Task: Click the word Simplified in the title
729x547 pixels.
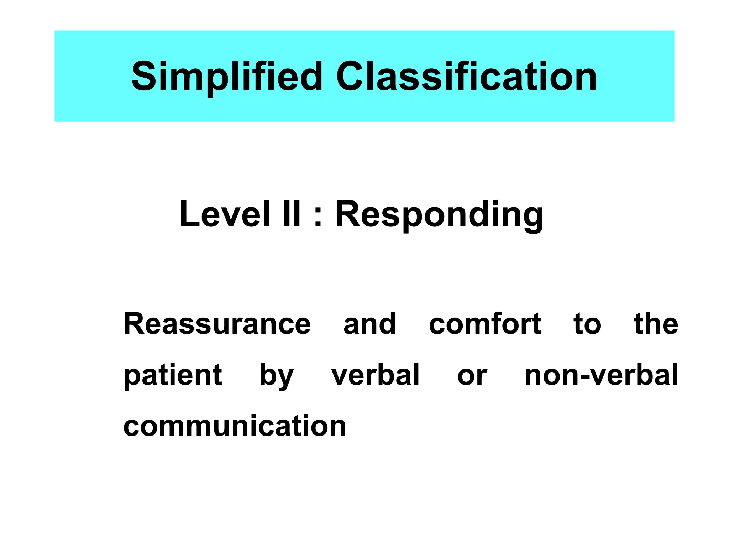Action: point(227,76)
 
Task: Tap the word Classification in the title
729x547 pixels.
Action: point(466,76)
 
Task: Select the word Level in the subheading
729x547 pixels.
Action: point(225,214)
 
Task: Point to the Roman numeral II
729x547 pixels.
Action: point(291,214)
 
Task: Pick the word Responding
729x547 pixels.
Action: point(439,215)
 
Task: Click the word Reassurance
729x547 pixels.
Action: point(217,324)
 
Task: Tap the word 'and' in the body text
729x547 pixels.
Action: point(369,324)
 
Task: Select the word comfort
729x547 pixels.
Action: point(485,324)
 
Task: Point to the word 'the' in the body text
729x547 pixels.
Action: point(656,324)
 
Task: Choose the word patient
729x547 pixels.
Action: point(173,376)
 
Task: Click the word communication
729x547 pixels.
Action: point(235,426)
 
